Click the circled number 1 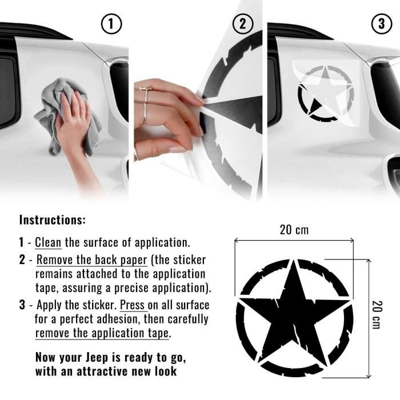pos(111,24)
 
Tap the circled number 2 pos(242,24)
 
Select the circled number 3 pos(381,24)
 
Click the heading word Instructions pos(53,219)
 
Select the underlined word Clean pos(48,242)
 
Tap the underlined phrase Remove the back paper pos(92,259)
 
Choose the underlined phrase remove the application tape pos(103,333)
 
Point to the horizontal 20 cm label pos(294,230)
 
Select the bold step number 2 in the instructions pos(22,260)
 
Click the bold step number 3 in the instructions pos(22,305)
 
